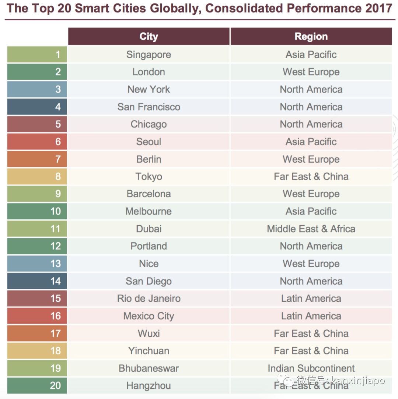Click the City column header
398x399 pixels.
149,37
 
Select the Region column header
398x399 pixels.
311,37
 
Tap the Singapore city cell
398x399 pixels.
149,55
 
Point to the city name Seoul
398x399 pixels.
149,142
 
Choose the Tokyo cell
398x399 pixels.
149,177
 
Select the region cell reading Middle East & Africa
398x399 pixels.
311,229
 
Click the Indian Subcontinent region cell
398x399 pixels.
311,368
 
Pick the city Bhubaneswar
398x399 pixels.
149,368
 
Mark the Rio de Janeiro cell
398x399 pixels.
149,298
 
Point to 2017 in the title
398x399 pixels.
378,8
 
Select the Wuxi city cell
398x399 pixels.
149,333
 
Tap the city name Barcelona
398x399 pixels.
149,194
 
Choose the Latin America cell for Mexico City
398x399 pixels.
311,316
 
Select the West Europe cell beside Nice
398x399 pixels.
311,264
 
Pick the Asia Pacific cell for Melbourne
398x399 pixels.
311,211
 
